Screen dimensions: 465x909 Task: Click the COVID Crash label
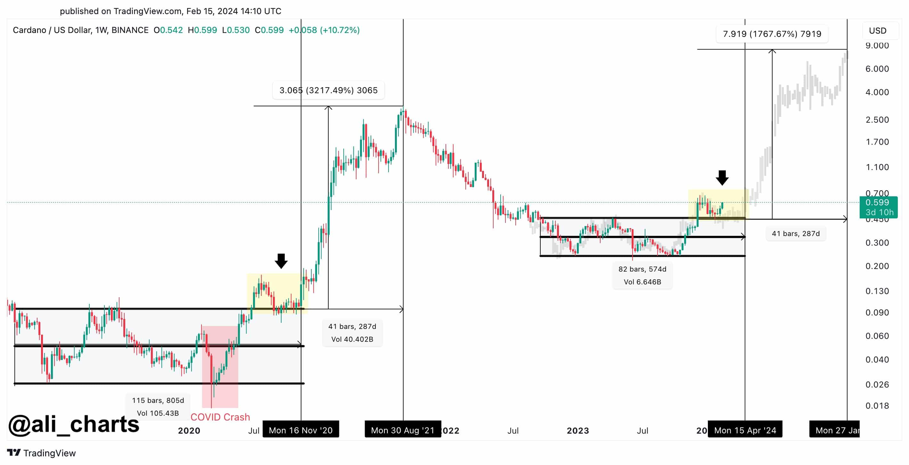220,417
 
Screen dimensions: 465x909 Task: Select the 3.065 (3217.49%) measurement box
328,90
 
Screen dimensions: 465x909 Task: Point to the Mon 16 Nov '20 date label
301,430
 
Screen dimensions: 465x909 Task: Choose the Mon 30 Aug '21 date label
403,430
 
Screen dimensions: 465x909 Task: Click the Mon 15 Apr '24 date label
745,430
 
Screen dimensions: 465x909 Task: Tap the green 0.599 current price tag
878,207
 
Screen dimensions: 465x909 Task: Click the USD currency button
877,31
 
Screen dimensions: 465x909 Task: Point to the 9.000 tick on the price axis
877,45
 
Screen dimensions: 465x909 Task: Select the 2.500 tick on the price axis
877,119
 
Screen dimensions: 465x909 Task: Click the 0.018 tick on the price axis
877,406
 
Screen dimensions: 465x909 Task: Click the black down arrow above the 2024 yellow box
722,178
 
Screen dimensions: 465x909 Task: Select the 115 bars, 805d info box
158,407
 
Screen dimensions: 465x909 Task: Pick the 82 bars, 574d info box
642,275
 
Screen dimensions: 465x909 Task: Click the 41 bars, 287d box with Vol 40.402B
352,333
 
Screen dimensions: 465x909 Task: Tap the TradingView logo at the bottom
41,453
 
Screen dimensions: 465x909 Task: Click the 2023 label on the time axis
577,430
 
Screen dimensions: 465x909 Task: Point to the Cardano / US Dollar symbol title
80,30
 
